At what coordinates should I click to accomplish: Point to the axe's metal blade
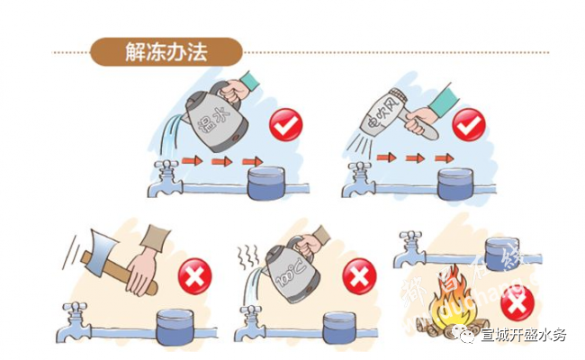pos(95,256)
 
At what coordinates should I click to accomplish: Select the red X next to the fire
pos(515,304)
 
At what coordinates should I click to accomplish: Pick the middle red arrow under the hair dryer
pos(413,158)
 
